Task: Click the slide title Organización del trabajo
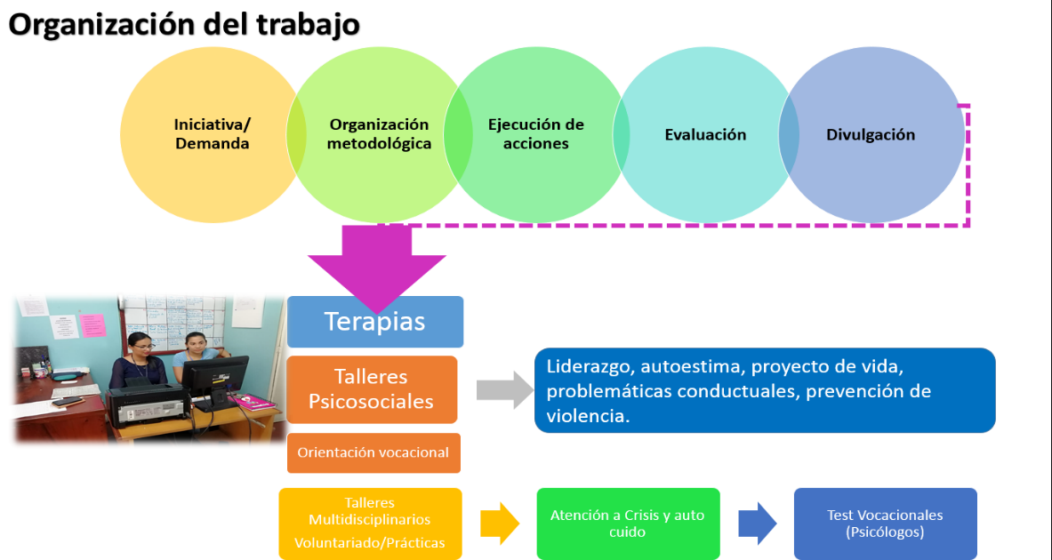point(184,24)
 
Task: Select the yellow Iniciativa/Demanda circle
point(211,134)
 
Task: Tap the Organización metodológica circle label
point(379,134)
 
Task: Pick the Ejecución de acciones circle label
point(536,134)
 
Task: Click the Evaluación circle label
point(705,135)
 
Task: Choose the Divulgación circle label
point(871,135)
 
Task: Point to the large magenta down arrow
point(376,267)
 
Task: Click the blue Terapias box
point(374,321)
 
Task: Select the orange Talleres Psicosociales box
point(372,389)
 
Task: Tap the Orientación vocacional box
point(373,452)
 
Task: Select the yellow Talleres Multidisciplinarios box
point(370,523)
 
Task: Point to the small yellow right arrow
point(499,523)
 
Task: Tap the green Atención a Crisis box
point(628,523)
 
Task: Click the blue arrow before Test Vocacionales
point(757,524)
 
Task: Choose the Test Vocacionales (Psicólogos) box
point(885,524)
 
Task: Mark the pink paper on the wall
point(92,324)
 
